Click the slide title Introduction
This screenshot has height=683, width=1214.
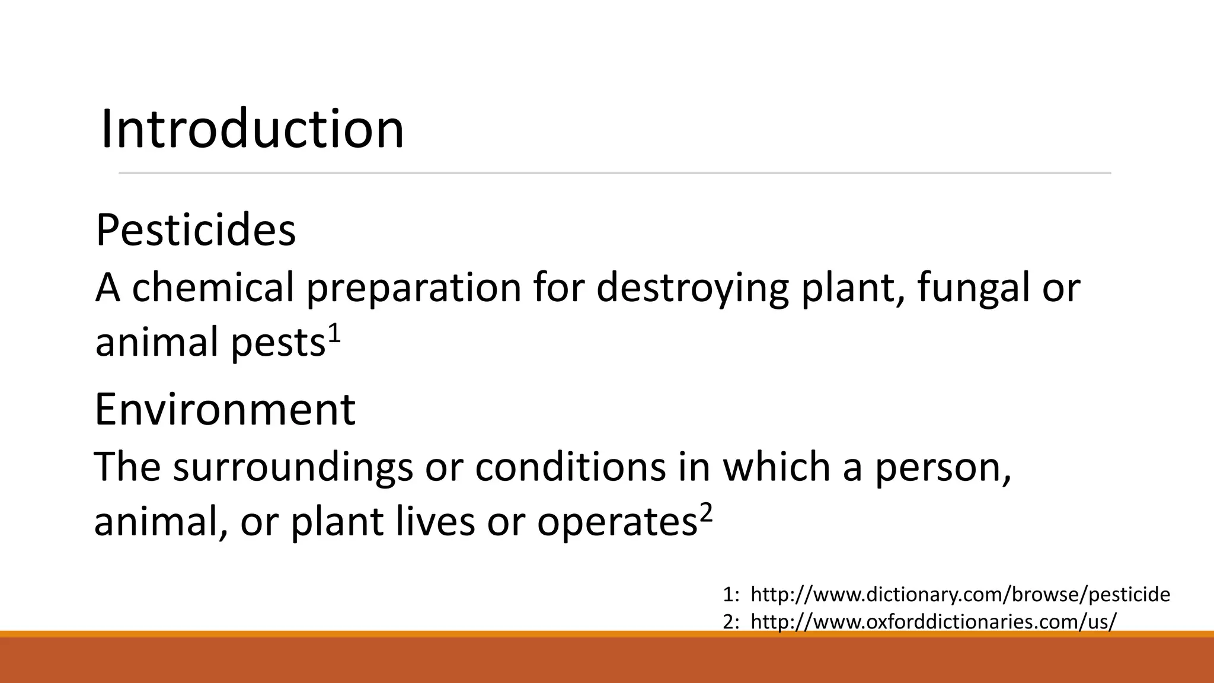pyautogui.click(x=253, y=129)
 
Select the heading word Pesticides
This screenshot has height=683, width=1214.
pyautogui.click(x=196, y=230)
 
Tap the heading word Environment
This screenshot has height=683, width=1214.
pyautogui.click(x=225, y=410)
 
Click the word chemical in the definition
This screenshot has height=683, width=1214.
pyautogui.click(x=213, y=288)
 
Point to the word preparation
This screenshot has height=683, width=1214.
pyautogui.click(x=413, y=289)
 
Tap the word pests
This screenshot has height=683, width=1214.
pyautogui.click(x=278, y=344)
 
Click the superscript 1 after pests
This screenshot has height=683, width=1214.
pyautogui.click(x=334, y=334)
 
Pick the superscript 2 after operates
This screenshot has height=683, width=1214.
pyautogui.click(x=705, y=513)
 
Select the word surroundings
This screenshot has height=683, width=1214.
pyautogui.click(x=293, y=468)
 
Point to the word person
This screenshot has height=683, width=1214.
pyautogui.click(x=943, y=468)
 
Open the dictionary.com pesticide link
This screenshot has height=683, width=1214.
pyautogui.click(x=960, y=594)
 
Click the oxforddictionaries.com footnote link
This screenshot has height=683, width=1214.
pyautogui.click(x=934, y=621)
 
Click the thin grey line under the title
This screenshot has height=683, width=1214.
pyautogui.click(x=615, y=173)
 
